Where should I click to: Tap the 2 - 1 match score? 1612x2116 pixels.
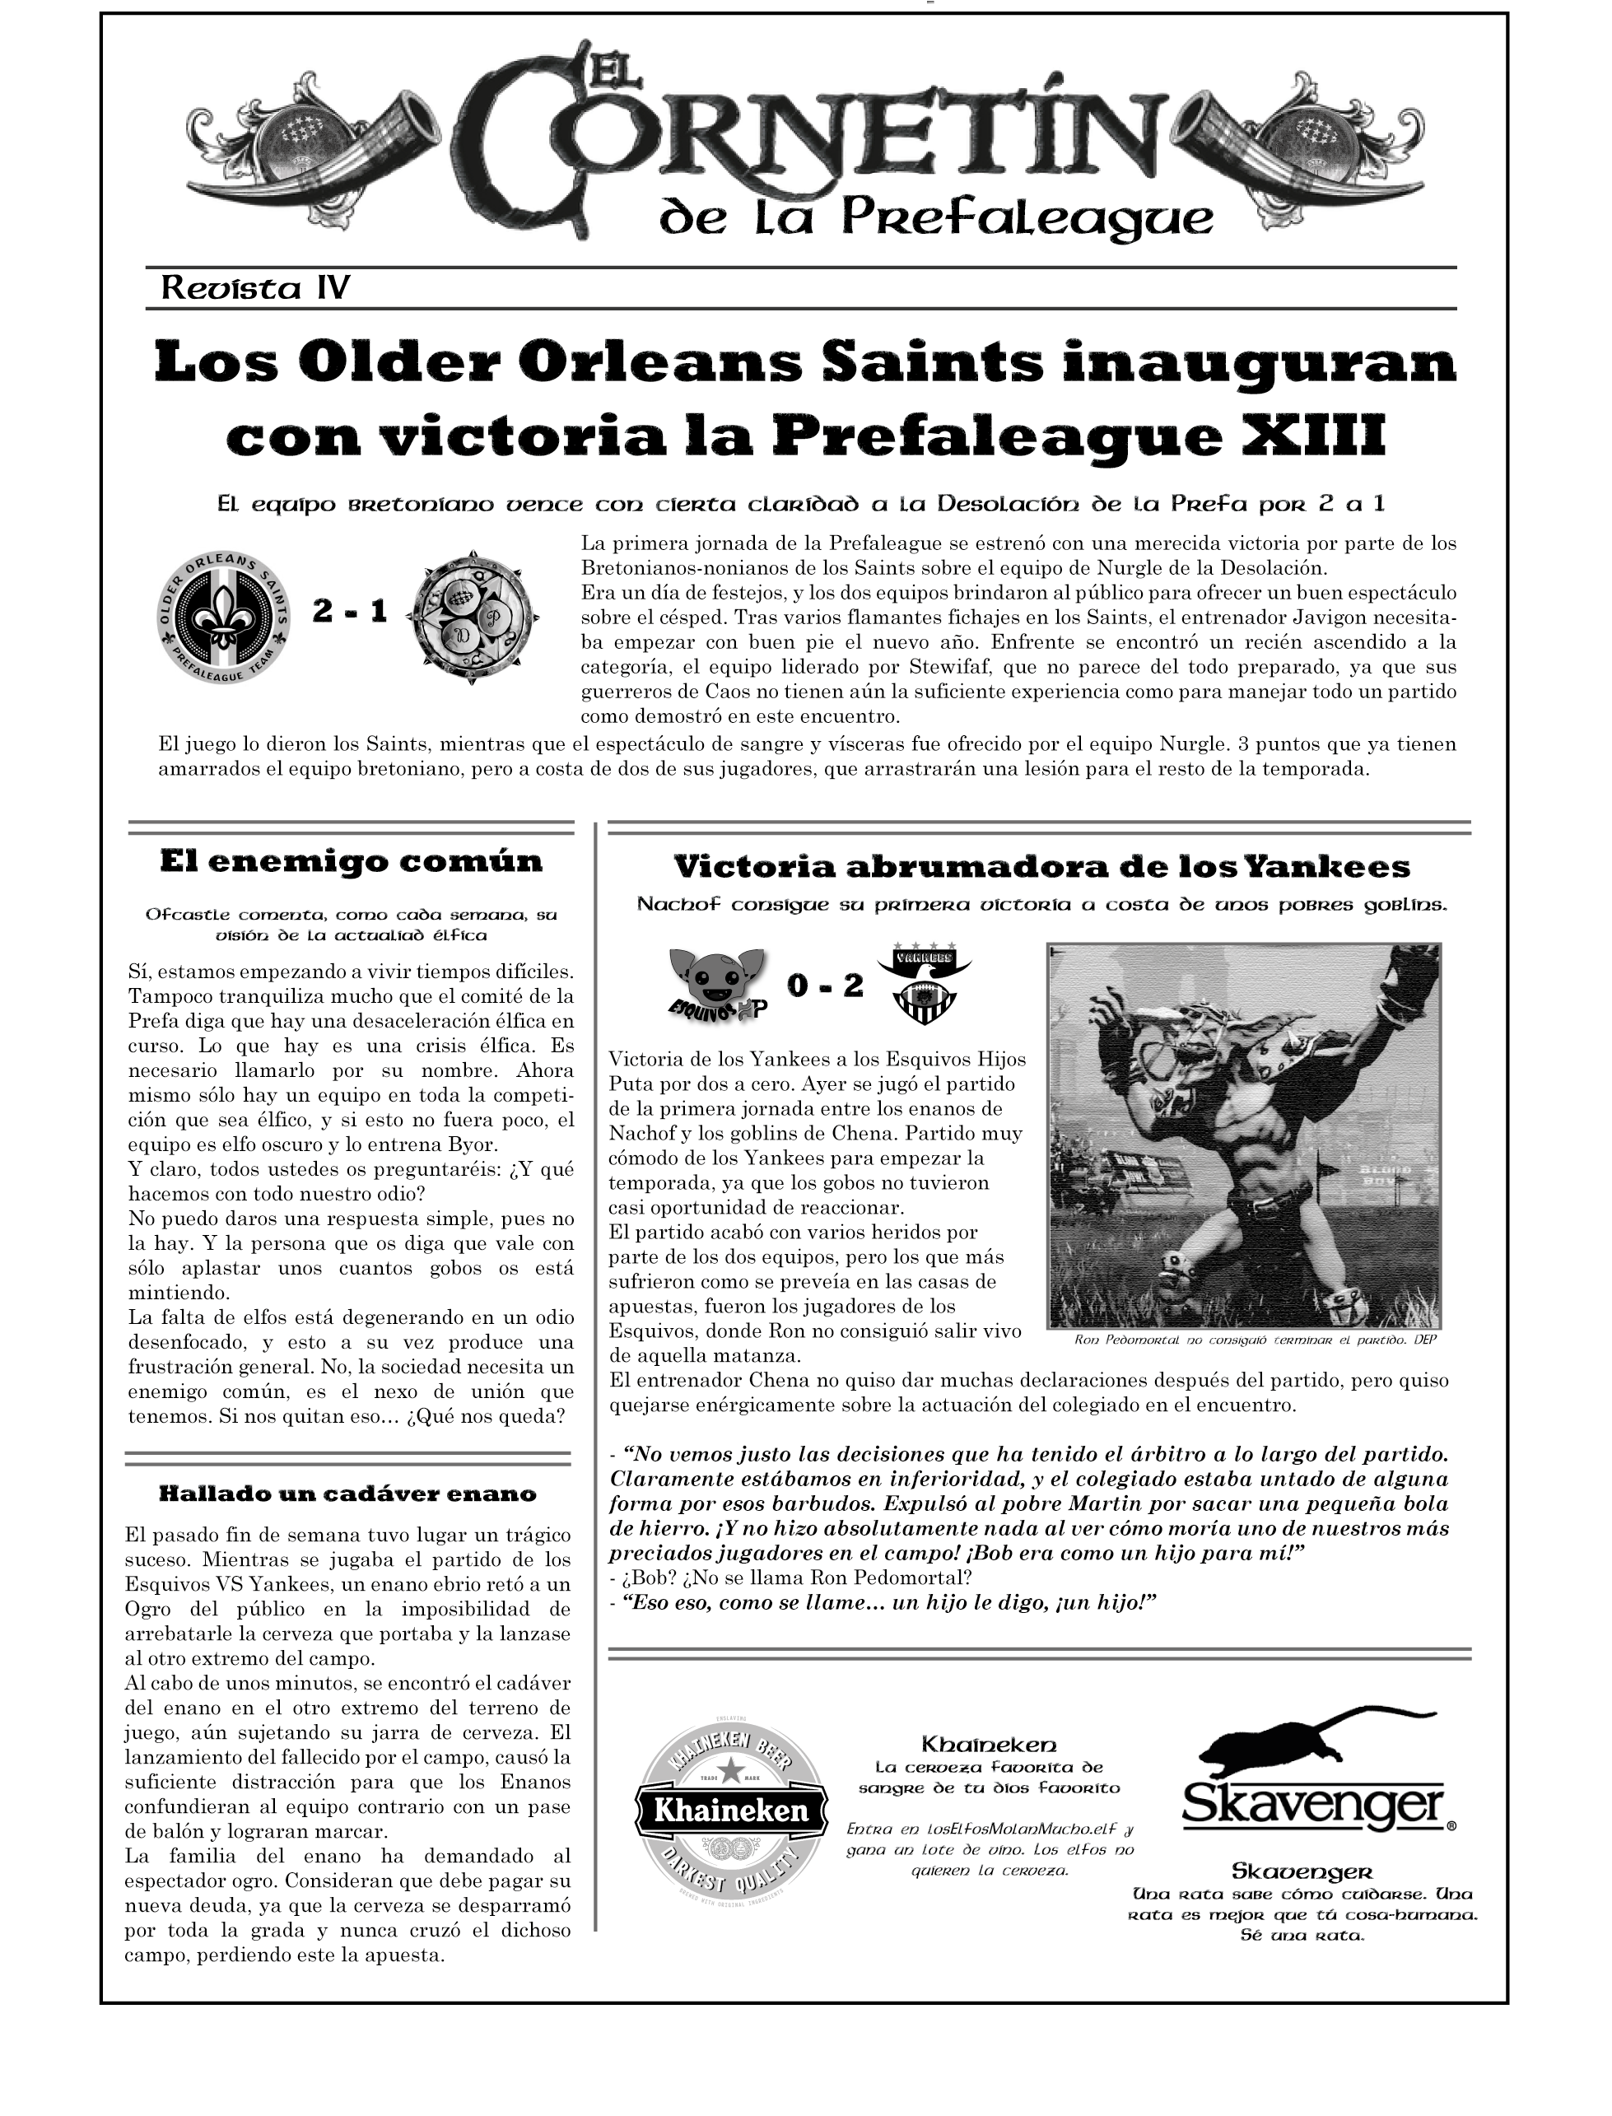click(350, 611)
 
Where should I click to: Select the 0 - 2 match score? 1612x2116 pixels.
click(824, 986)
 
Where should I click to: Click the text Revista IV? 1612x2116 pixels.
click(254, 288)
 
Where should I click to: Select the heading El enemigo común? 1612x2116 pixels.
click(352, 860)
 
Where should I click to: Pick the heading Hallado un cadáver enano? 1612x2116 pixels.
click(347, 1494)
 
